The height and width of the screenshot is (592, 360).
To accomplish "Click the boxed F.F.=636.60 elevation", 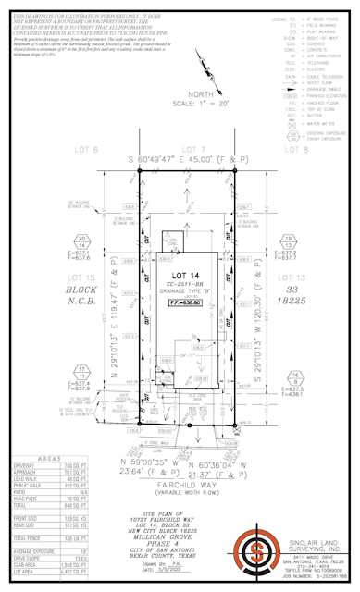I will coord(184,301).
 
